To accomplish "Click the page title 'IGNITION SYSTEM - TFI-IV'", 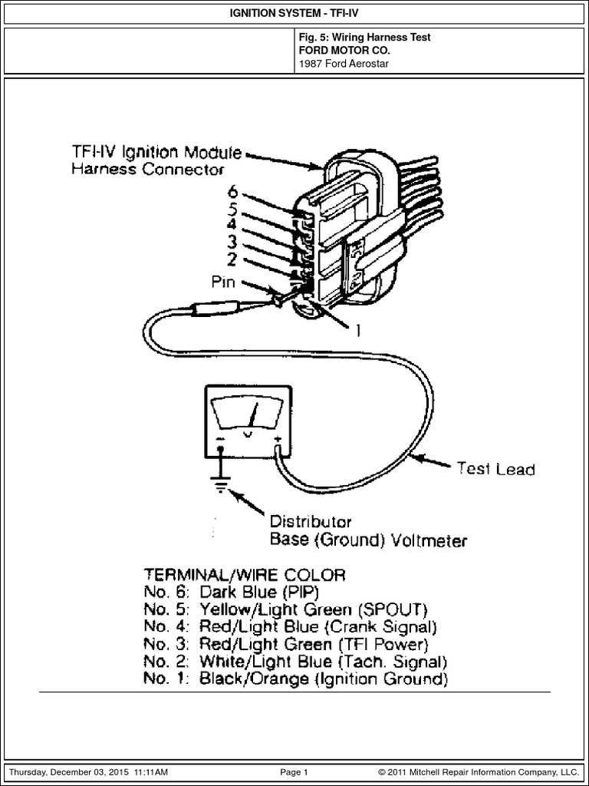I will pos(294,12).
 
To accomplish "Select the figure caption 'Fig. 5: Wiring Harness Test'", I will pos(364,37).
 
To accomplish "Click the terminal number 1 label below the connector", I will pos(357,331).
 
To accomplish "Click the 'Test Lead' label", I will pos(495,468).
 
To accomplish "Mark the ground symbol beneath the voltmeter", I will pos(222,485).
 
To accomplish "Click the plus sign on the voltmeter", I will pos(277,441).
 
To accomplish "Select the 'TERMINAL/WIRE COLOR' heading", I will pos(244,574).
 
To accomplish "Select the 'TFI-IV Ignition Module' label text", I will pos(156,152).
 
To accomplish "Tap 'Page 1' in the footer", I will pos(294,771).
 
